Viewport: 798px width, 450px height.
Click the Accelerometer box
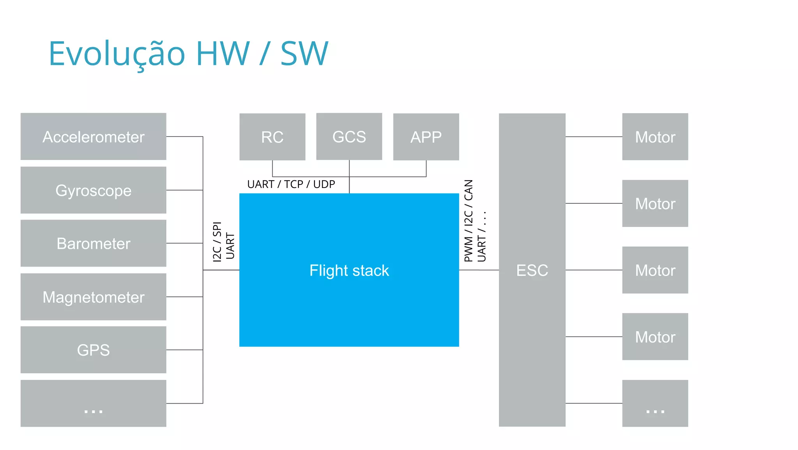point(93,137)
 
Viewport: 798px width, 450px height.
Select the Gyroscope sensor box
point(93,190)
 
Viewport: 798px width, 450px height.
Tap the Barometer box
point(93,243)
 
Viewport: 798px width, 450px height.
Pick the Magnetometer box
point(93,297)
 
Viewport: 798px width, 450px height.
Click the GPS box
point(93,350)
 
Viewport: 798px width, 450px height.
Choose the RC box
point(272,137)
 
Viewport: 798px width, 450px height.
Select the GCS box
point(349,137)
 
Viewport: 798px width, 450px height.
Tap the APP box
point(426,137)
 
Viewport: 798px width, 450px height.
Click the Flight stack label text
point(349,270)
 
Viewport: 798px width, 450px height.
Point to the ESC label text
point(532,270)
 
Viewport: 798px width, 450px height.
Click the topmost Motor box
point(655,137)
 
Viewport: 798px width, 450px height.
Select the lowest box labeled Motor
point(655,337)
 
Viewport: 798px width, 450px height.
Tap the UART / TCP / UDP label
point(291,184)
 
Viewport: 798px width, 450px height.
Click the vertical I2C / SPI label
point(217,241)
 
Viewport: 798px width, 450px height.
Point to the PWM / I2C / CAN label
point(468,220)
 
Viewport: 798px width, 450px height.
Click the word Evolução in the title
point(117,54)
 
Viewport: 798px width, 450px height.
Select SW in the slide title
point(304,54)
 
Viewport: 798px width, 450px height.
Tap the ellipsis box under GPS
point(93,403)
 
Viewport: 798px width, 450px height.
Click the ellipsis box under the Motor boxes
point(655,403)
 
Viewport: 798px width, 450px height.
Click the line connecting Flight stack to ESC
point(479,270)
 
